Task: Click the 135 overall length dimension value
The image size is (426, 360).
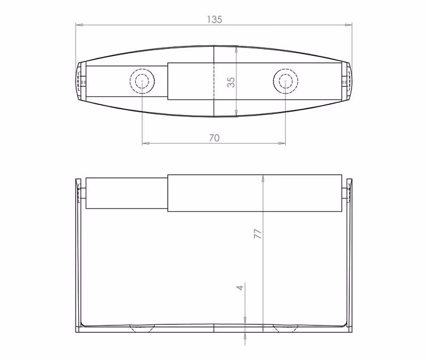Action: tap(215, 20)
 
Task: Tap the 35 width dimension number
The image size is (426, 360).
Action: tap(231, 82)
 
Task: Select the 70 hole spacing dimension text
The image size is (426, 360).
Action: tap(214, 138)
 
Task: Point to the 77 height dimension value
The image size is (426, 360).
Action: tap(258, 234)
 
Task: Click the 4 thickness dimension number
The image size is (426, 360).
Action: tap(240, 288)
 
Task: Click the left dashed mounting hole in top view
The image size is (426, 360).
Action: tap(142, 81)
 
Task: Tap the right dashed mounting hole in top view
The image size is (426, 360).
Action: tap(285, 81)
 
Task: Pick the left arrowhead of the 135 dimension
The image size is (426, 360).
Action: tap(79, 24)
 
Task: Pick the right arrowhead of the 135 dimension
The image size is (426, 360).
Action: tap(349, 24)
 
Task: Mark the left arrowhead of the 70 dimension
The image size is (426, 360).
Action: tap(146, 143)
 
